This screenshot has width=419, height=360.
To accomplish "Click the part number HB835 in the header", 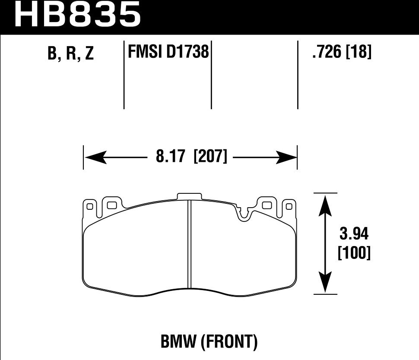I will (x=78, y=15).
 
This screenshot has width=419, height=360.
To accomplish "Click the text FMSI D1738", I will (x=168, y=53).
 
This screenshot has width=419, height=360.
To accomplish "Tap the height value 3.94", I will (x=354, y=236).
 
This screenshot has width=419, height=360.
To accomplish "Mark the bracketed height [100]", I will (x=354, y=253).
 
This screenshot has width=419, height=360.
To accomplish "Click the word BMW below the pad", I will (x=180, y=342).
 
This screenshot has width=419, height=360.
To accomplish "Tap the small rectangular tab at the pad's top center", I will (x=189, y=196).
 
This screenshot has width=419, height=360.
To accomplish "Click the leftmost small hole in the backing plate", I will (x=90, y=207).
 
